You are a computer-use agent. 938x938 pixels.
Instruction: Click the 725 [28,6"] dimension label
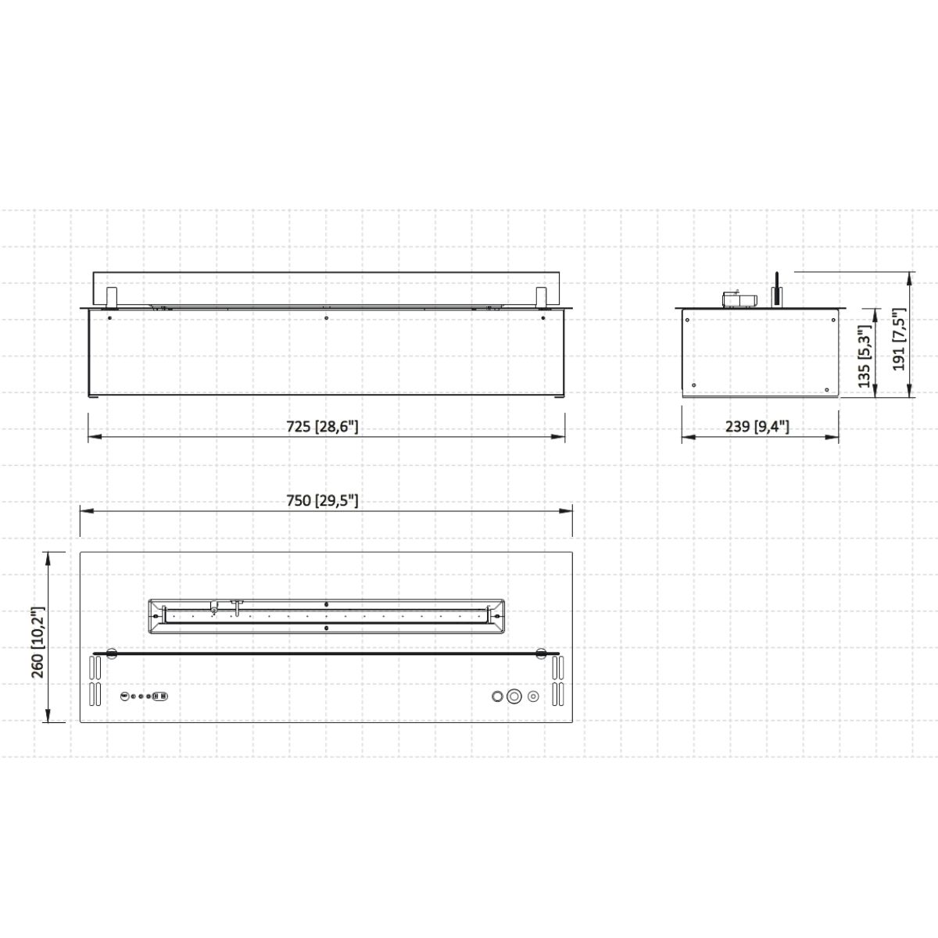pyautogui.click(x=322, y=427)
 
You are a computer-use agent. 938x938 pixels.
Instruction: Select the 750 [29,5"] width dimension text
pyautogui.click(x=322, y=500)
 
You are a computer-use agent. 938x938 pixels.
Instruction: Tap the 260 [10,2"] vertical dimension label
pyautogui.click(x=38, y=642)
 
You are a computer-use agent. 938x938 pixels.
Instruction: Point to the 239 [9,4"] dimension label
pyautogui.click(x=757, y=427)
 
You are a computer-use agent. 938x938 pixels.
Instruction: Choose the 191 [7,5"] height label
pyautogui.click(x=900, y=339)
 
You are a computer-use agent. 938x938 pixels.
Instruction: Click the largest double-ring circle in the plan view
pyautogui.click(x=514, y=696)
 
